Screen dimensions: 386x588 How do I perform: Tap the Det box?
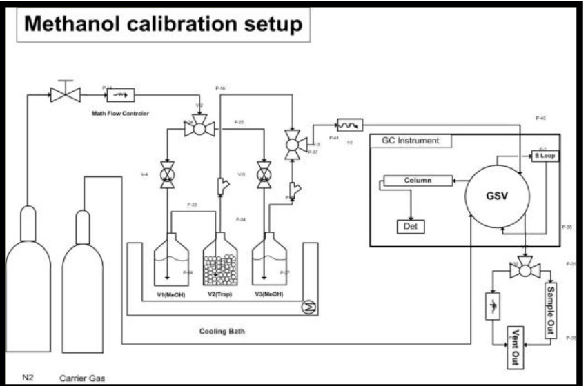[x=412, y=225]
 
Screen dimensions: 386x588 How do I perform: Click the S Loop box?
[x=544, y=156]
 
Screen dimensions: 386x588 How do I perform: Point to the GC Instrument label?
[x=410, y=141]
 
